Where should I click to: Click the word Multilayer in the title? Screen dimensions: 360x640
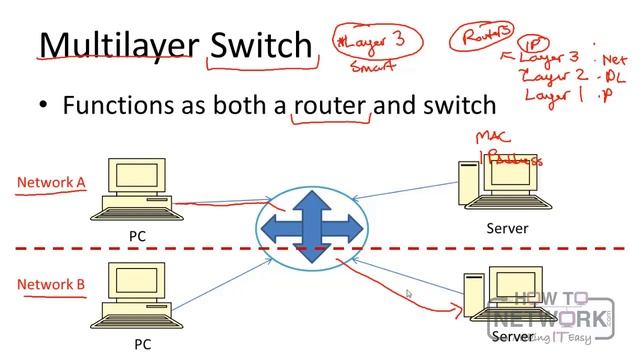pos(118,45)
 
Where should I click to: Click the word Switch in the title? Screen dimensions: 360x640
pos(261,45)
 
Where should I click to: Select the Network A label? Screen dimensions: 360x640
pos(50,182)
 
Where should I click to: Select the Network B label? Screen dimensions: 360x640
pos(50,285)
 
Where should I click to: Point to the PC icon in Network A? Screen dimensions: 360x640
pos(136,191)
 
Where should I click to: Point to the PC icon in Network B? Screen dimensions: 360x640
pos(136,296)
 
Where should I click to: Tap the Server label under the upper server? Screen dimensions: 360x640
pos(507,229)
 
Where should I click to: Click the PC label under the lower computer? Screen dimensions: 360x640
pos(143,344)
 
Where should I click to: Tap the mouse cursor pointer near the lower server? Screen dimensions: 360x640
pos(408,294)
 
